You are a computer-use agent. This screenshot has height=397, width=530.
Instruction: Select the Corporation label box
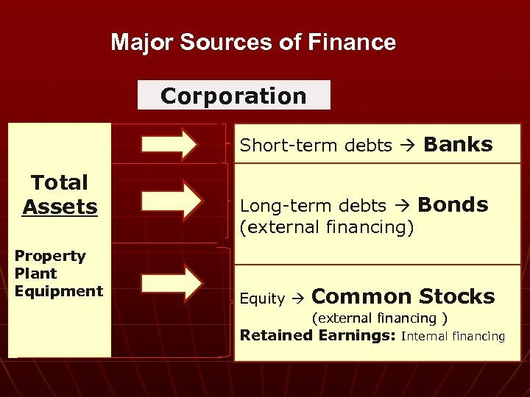(233, 96)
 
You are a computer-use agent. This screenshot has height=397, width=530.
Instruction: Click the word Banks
(458, 144)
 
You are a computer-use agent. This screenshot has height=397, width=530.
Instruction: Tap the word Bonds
(453, 204)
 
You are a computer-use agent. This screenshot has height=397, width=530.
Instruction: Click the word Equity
(262, 298)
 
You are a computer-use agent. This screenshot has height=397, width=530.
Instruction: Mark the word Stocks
(456, 296)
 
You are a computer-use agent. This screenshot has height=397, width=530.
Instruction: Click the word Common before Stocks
(361, 296)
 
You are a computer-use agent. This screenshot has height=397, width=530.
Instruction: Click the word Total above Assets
(59, 182)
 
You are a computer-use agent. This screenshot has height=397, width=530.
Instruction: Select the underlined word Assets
(60, 207)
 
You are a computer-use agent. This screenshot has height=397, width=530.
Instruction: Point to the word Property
(50, 257)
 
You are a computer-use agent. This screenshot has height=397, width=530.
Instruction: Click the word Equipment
(59, 291)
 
